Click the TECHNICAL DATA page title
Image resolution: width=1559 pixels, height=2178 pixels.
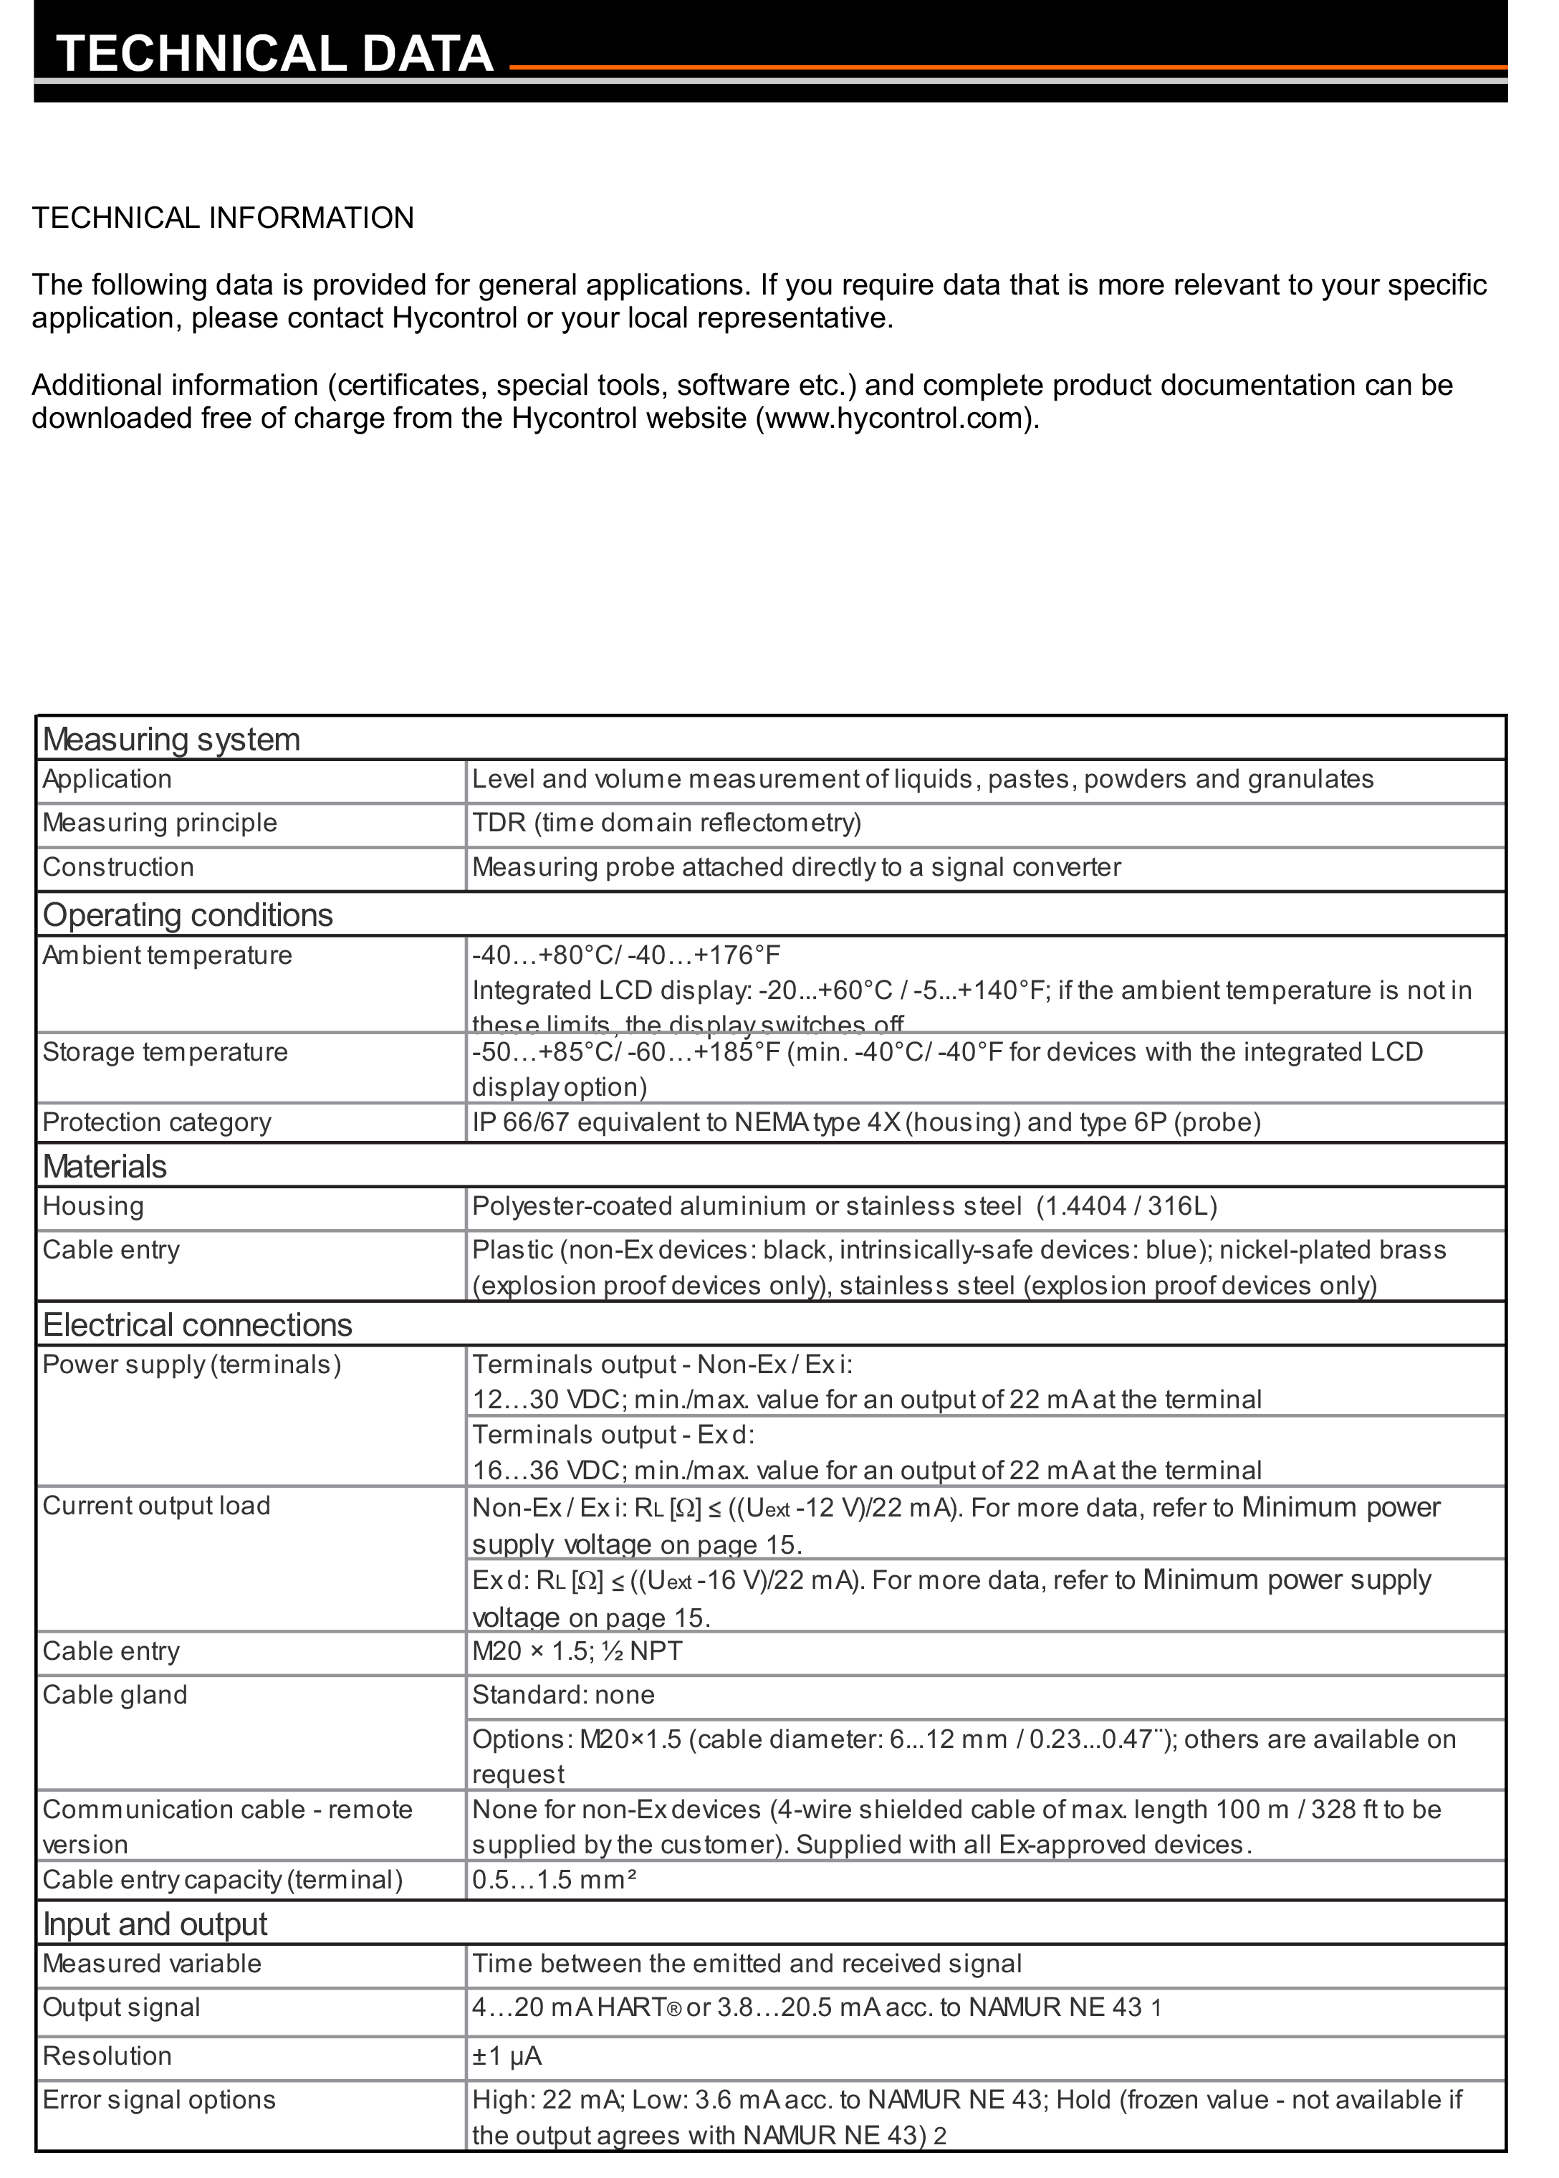point(274,54)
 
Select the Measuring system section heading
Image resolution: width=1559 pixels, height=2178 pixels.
point(171,740)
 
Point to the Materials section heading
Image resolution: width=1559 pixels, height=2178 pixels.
point(105,1167)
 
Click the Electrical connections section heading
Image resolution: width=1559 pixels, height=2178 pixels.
point(197,1325)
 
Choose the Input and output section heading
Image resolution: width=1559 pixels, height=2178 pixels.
point(155,1924)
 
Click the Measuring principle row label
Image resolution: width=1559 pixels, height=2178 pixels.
point(159,823)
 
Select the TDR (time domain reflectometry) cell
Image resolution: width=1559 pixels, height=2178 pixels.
point(666,823)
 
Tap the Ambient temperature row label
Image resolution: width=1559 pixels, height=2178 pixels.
point(167,955)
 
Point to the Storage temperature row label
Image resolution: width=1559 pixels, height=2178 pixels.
point(165,1053)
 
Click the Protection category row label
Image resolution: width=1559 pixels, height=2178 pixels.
point(156,1122)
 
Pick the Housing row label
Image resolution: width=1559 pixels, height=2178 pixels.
point(93,1206)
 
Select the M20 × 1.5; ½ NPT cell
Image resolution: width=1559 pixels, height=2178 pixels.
point(577,1652)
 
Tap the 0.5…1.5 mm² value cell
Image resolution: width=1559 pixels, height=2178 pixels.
point(554,1879)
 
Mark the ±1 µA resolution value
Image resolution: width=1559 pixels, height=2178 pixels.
point(507,2056)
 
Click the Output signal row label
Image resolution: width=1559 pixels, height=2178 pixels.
point(121,2008)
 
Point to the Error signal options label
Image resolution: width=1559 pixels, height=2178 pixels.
point(158,2100)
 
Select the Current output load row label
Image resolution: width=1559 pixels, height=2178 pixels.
point(156,1506)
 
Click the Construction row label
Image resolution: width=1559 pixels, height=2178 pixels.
point(118,867)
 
